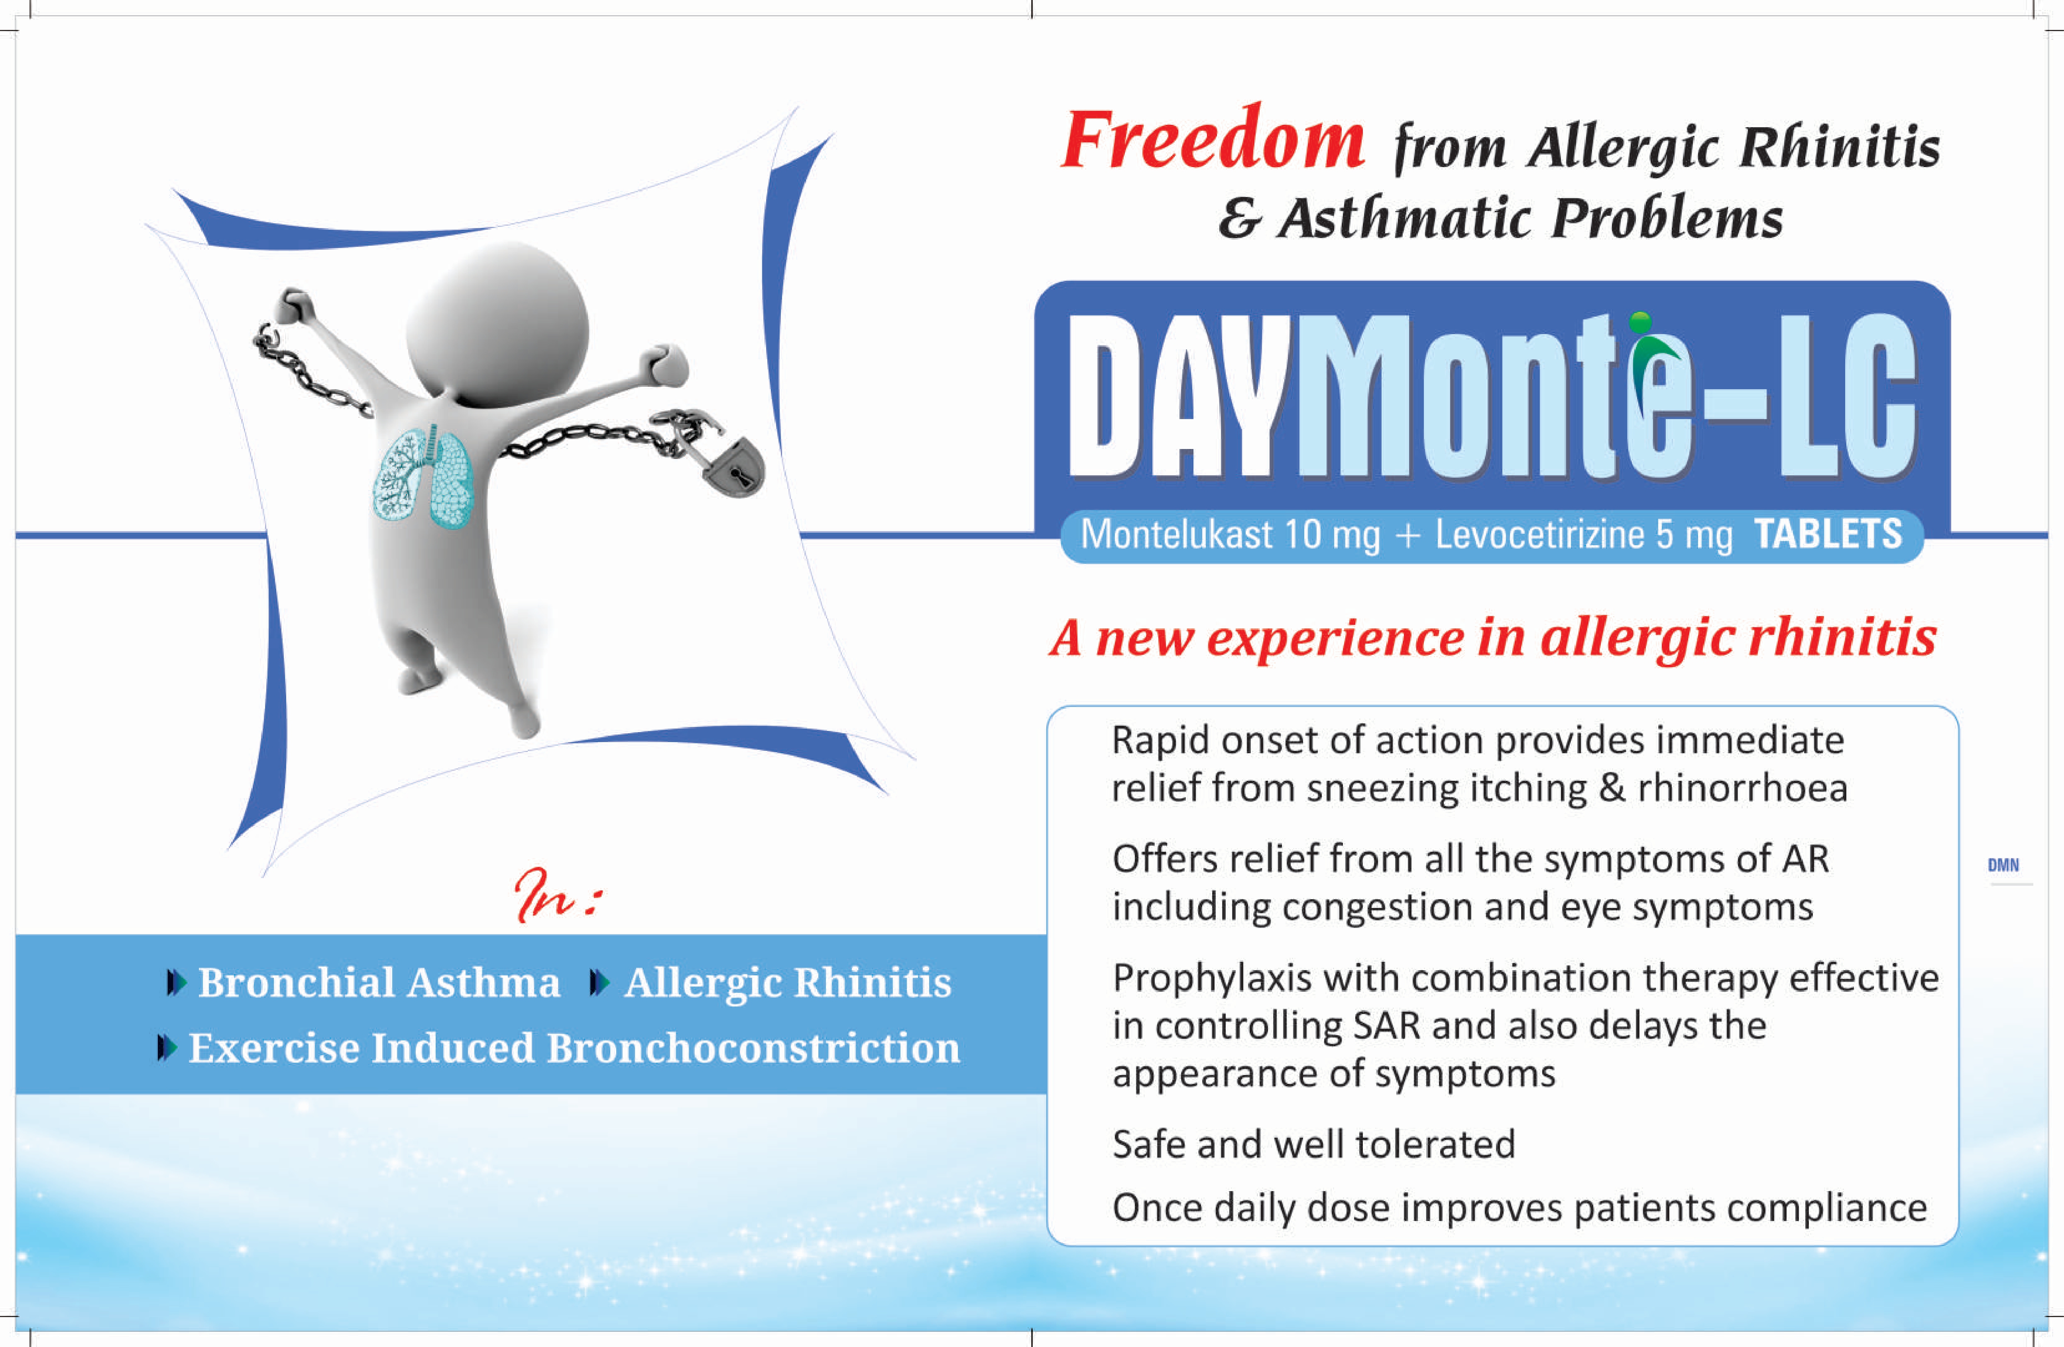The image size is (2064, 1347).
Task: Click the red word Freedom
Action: pyautogui.click(x=1213, y=140)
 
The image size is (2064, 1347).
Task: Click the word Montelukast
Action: pyautogui.click(x=1176, y=534)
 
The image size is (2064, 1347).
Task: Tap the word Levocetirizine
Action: pyautogui.click(x=1539, y=534)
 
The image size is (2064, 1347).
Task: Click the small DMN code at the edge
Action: pyautogui.click(x=2003, y=865)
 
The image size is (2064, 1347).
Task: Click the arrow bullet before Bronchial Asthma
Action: pyautogui.click(x=176, y=983)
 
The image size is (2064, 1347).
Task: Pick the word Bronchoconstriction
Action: pyautogui.click(x=753, y=1048)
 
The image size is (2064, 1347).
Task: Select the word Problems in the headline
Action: pyautogui.click(x=1667, y=219)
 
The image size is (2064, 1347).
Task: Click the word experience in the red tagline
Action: pyautogui.click(x=1335, y=639)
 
